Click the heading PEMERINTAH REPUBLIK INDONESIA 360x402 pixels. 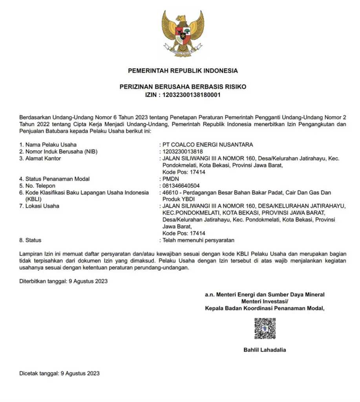pyautogui.click(x=183, y=71)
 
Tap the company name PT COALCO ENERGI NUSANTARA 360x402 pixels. pyautogui.click(x=208, y=144)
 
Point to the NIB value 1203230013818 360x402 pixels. pyautogui.click(x=183, y=152)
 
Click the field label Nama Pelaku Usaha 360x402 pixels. pyautogui.click(x=51, y=144)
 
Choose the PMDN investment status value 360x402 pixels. pyautogui.click(x=170, y=179)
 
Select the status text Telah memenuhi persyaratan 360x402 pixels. pyautogui.click(x=198, y=240)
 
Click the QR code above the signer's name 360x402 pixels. pyautogui.click(x=265, y=329)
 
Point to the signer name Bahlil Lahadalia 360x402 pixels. pyautogui.click(x=265, y=350)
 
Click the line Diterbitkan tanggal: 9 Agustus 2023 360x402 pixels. pyautogui.click(x=63, y=281)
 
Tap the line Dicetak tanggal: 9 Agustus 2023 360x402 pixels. pyautogui.click(x=59, y=373)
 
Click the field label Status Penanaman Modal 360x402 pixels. pyautogui.click(x=57, y=179)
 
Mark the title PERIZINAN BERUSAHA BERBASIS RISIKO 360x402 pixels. pyautogui.click(x=183, y=87)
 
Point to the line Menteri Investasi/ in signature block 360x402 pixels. pyautogui.click(x=265, y=301)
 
